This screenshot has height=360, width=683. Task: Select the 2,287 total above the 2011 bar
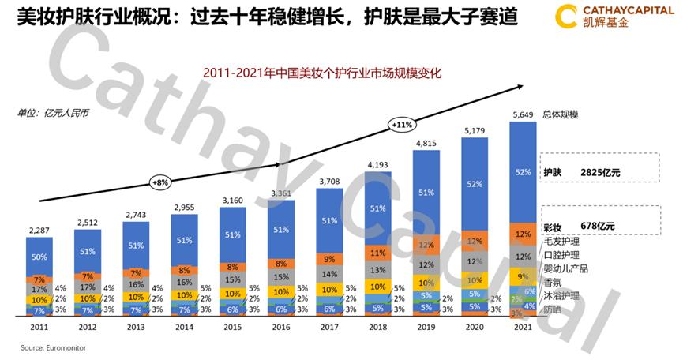pos(39,231)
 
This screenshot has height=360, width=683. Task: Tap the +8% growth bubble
pos(160,182)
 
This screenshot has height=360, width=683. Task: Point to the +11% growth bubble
pos(401,124)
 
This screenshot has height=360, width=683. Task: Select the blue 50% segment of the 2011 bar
pos(39,257)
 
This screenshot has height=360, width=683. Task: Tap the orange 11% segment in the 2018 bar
pos(377,253)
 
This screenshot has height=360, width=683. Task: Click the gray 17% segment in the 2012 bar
pos(88,287)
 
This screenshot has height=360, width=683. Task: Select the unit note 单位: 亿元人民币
pos(54,113)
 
